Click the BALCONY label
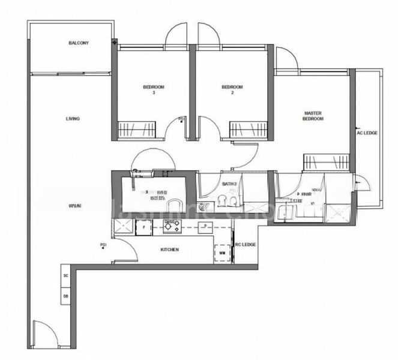click(79, 43)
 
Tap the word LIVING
click(73, 119)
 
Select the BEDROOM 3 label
click(154, 90)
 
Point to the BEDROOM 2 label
click(232, 90)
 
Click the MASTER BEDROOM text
click(313, 116)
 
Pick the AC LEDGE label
click(367, 133)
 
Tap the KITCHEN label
click(169, 250)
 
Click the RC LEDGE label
click(246, 244)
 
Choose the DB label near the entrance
click(65, 296)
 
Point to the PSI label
click(104, 245)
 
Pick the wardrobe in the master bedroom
click(326, 162)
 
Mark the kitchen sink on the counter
click(205, 227)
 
